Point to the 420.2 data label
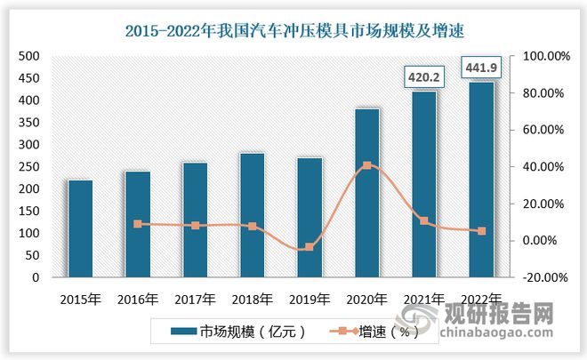click(x=423, y=78)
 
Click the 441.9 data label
click(x=481, y=68)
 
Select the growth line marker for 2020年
click(x=367, y=165)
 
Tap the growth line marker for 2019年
click(x=310, y=247)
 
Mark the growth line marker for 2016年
click(x=138, y=224)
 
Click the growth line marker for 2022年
click(x=481, y=231)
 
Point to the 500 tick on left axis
click(x=29, y=56)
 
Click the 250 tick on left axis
click(x=29, y=167)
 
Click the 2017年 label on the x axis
click(x=196, y=298)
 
